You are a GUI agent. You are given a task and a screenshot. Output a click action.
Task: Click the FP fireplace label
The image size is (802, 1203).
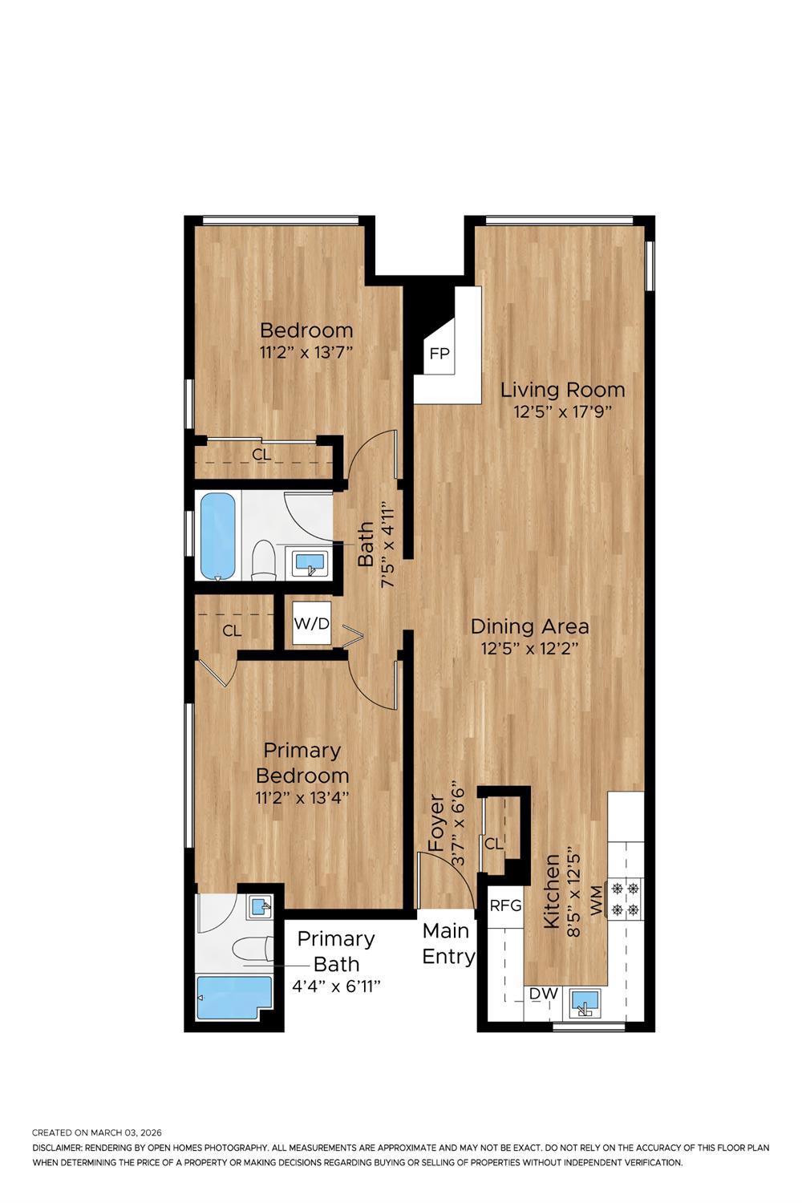point(439,354)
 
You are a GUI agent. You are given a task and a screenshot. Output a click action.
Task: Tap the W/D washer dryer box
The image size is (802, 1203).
point(311,623)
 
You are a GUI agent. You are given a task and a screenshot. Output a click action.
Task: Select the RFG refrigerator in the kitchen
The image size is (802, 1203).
point(505,905)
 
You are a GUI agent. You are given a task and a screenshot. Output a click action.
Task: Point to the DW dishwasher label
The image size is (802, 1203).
point(544,994)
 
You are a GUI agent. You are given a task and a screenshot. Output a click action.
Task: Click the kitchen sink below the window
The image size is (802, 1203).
point(585,1003)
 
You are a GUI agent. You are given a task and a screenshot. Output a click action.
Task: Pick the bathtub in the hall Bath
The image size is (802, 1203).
point(217,537)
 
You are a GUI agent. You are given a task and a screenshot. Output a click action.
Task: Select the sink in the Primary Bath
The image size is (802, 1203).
point(260,907)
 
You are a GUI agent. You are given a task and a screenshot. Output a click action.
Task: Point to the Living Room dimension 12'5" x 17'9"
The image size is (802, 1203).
point(562,413)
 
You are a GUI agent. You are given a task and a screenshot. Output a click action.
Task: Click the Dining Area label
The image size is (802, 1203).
point(529,626)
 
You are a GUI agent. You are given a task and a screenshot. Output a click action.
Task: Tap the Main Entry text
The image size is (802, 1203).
point(448,944)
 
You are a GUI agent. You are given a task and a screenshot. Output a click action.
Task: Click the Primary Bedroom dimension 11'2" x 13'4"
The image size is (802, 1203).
point(302,798)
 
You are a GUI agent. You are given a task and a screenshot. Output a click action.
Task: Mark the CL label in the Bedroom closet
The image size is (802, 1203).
point(261,455)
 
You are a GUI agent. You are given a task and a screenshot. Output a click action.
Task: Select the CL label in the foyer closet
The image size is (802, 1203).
point(492,844)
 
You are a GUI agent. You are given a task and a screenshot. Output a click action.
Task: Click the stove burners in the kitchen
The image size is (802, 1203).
point(626,899)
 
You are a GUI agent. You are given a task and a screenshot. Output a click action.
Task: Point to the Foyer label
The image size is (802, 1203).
point(436,823)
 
